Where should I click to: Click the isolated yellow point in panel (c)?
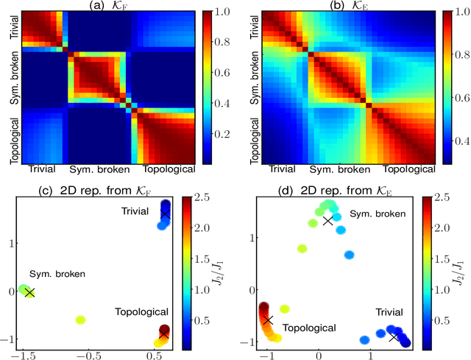(80, 320)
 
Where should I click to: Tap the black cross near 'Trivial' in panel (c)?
(165, 213)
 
